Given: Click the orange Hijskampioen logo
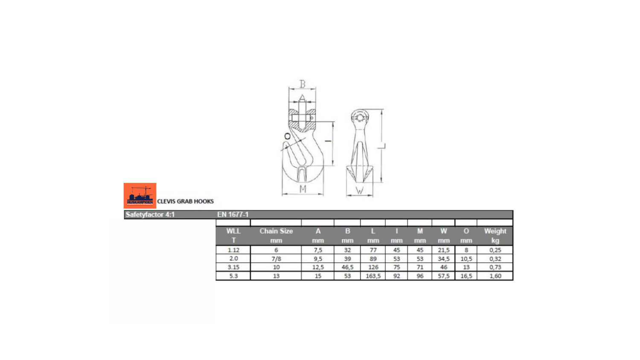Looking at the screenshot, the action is pyautogui.click(x=140, y=195).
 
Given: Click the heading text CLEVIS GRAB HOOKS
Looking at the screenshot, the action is pyautogui.click(x=186, y=201).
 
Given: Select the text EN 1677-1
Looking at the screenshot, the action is pyautogui.click(x=233, y=215).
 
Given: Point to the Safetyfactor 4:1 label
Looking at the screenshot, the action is pyautogui.click(x=150, y=215).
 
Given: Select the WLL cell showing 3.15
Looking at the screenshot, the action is pyautogui.click(x=233, y=267).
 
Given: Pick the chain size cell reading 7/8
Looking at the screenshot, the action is pyautogui.click(x=276, y=259).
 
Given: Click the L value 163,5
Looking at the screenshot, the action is pyautogui.click(x=373, y=276).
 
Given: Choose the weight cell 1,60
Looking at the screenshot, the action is pyautogui.click(x=495, y=276).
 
